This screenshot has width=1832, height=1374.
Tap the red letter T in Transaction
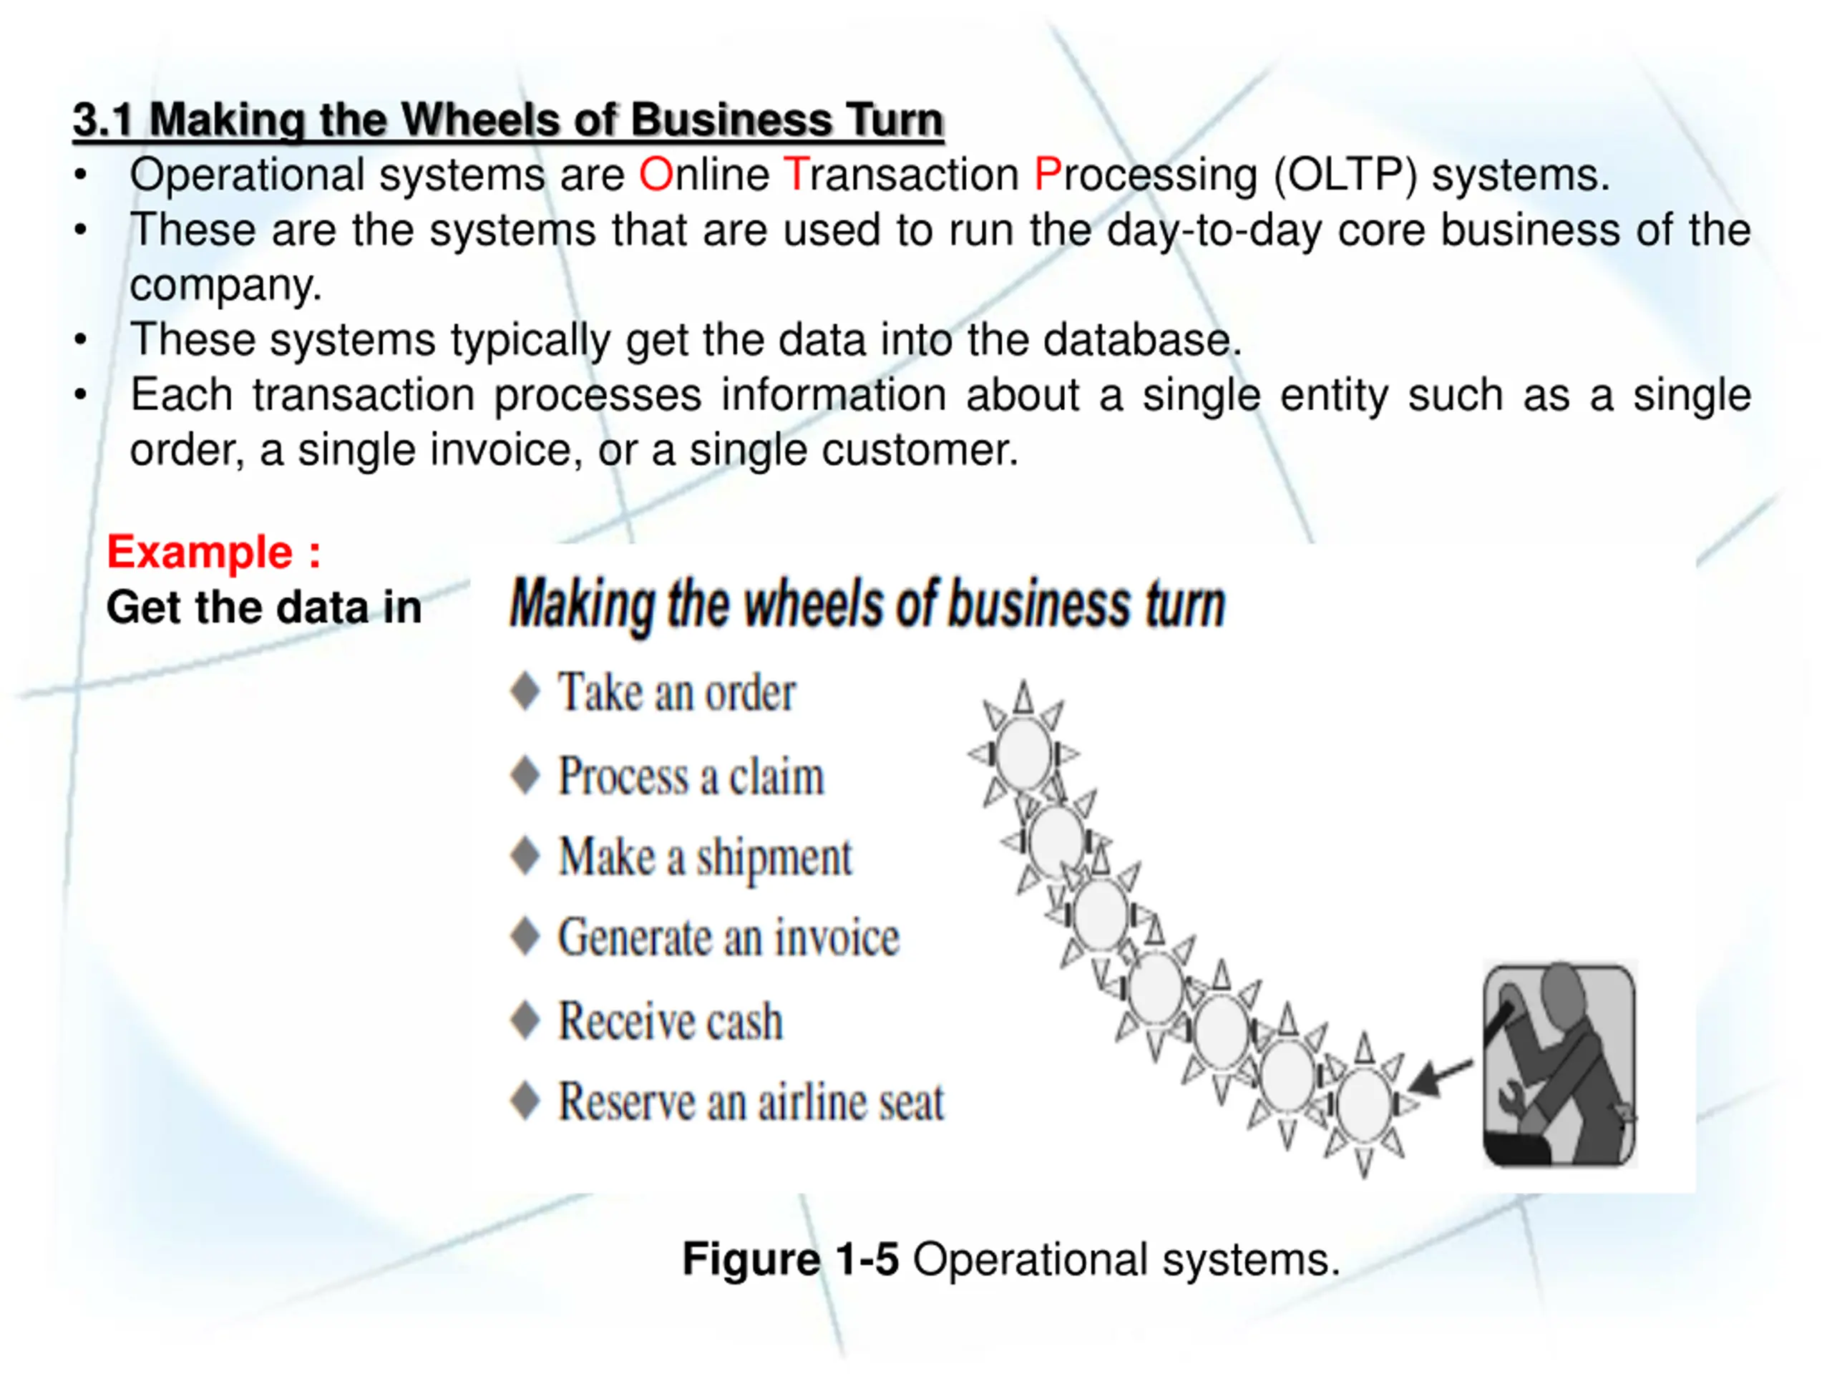point(794,175)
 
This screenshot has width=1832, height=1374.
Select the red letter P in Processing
point(1048,175)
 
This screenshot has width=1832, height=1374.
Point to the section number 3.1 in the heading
point(102,120)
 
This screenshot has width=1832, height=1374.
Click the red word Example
point(200,552)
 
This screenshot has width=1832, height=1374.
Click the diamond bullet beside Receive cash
point(525,1020)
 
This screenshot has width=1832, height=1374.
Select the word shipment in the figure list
point(774,857)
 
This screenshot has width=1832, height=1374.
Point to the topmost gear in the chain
point(1023,754)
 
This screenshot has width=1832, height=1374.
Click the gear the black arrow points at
point(1364,1103)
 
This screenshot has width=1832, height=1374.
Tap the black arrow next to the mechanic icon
point(1439,1077)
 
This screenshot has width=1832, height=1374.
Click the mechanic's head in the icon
point(1561,990)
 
